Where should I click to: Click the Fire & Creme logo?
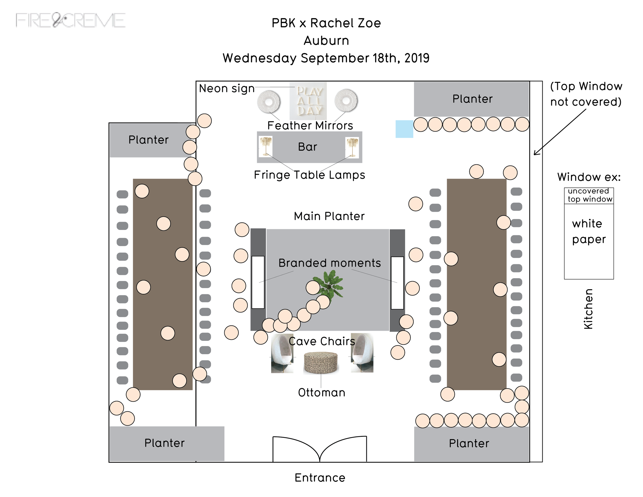coord(71,21)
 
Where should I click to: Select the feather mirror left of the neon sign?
coord(269,102)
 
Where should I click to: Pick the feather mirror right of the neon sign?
coord(346,101)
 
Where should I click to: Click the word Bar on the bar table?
coord(307,147)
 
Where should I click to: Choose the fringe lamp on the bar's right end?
coord(352,147)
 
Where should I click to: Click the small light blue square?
coord(404,129)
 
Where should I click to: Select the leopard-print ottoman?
coord(321,363)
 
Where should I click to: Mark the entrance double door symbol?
coord(320,449)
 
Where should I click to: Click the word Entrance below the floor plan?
coord(320,477)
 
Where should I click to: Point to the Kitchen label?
coord(588,309)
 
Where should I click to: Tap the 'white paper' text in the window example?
coord(588,232)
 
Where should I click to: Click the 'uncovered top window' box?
coord(589,196)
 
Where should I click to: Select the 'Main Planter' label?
coord(329,216)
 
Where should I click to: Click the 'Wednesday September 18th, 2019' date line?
coord(326,58)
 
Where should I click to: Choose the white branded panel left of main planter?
coord(258,282)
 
